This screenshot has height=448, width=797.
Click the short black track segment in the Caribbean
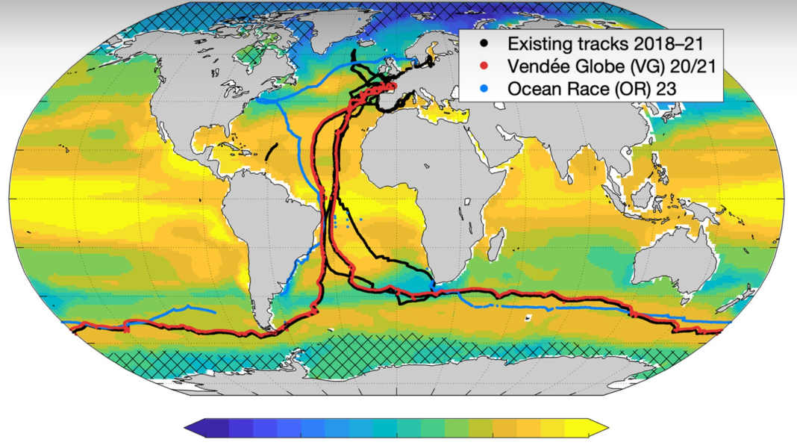271,151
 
